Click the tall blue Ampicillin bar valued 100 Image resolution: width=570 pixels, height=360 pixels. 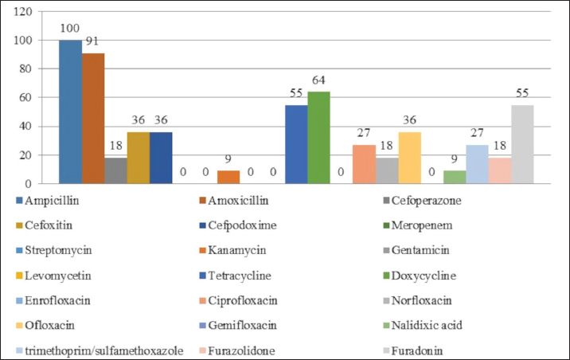click(x=70, y=112)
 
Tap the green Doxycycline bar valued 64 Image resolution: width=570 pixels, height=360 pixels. click(x=318, y=137)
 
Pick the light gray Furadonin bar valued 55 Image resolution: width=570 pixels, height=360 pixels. click(x=522, y=144)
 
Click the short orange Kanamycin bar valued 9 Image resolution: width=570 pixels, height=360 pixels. click(x=228, y=177)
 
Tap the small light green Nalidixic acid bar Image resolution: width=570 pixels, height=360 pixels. click(x=455, y=177)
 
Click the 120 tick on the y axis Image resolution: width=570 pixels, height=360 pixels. click(x=23, y=12)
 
